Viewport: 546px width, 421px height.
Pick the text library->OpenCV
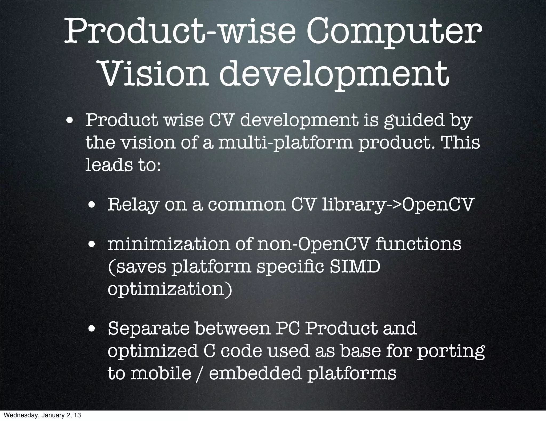point(397,205)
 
